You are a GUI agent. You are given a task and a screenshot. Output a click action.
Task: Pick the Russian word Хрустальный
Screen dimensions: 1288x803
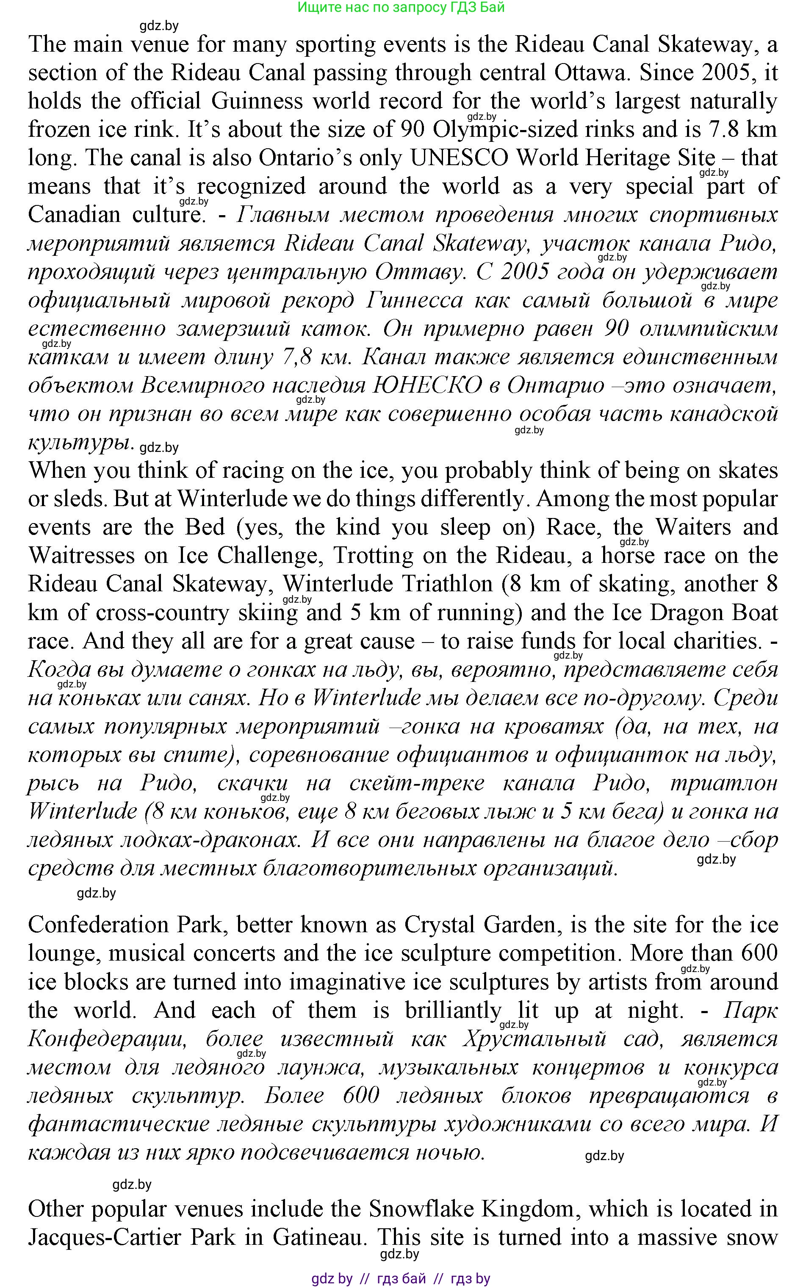pos(534,1039)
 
